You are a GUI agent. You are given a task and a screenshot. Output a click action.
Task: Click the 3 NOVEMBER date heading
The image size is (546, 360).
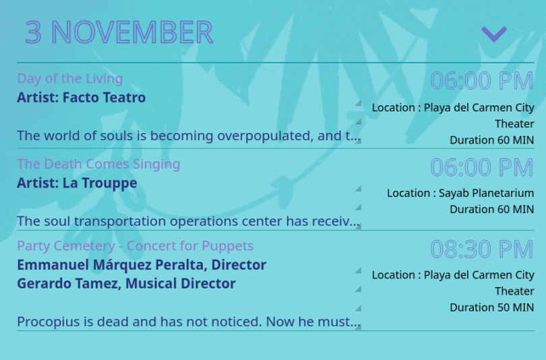pos(119,32)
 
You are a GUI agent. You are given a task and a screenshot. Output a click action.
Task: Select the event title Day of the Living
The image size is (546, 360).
pos(70,79)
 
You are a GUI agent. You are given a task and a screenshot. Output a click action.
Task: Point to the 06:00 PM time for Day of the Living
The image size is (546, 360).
pos(482,81)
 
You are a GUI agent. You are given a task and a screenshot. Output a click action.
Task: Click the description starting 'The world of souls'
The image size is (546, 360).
pos(188,136)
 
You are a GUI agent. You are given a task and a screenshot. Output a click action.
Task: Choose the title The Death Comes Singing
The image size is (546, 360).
pos(98,164)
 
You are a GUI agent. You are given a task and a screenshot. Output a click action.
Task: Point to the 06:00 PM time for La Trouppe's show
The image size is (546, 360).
pos(482,167)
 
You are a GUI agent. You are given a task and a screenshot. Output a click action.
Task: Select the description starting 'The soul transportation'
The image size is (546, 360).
pos(188,221)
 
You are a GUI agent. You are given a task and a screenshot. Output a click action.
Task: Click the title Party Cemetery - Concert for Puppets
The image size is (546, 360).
pos(135,246)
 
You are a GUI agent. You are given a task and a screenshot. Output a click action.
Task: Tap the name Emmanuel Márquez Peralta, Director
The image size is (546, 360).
pos(142,265)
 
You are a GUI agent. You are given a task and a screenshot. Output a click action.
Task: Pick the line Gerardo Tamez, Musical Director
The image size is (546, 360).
pos(127,284)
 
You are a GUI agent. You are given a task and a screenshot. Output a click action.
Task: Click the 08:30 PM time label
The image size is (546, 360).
pos(482,249)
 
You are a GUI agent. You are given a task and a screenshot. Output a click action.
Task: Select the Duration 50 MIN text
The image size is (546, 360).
pos(491,308)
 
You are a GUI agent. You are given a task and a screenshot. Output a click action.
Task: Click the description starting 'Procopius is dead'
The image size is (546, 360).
pos(188,322)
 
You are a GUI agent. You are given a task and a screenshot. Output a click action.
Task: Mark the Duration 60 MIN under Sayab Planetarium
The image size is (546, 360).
pos(491,210)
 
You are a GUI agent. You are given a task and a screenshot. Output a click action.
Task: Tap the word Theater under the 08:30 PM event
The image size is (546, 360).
pos(514,291)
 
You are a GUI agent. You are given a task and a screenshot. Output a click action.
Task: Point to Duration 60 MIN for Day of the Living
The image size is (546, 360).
pos(491,140)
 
